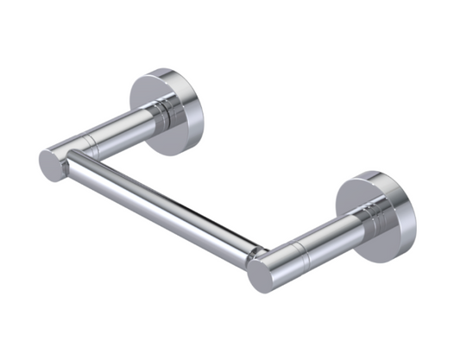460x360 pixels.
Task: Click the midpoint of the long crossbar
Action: coord(164,202)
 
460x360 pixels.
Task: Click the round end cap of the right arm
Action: coord(262,275)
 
